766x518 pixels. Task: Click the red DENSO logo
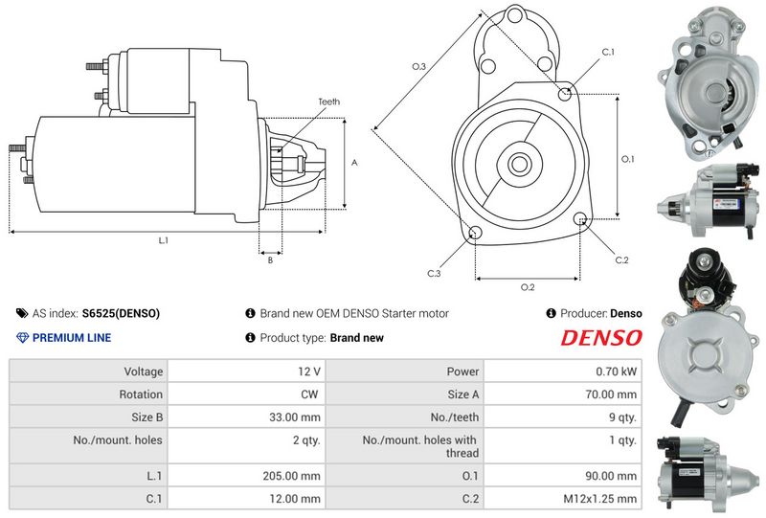click(601, 338)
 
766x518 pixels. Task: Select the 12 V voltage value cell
click(246, 372)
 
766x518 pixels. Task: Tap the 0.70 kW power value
click(616, 372)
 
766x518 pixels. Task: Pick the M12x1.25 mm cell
click(563, 499)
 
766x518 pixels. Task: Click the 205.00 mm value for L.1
click(292, 476)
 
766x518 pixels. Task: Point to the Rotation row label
click(140, 394)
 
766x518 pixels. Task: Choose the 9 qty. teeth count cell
click(563, 417)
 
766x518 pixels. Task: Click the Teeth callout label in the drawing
click(328, 101)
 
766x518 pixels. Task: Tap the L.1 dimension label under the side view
click(163, 240)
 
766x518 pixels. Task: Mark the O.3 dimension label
click(418, 66)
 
